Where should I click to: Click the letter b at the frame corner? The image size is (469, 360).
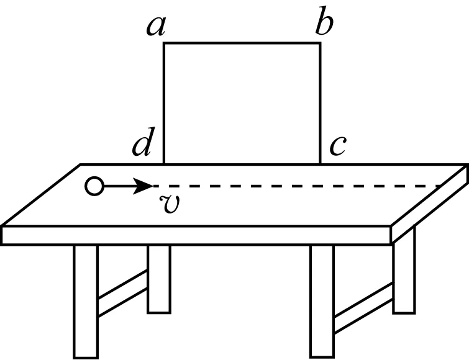click(x=324, y=24)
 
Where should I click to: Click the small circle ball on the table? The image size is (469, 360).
click(x=94, y=186)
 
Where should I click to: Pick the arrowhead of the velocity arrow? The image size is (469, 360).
click(x=147, y=186)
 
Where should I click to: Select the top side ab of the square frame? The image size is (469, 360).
click(x=242, y=43)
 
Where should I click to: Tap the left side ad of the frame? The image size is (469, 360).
click(x=164, y=102)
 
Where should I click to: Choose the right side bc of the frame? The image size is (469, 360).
click(x=321, y=102)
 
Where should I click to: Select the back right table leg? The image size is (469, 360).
click(x=404, y=279)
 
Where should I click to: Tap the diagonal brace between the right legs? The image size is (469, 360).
click(x=363, y=304)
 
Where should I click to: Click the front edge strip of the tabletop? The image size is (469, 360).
click(x=196, y=235)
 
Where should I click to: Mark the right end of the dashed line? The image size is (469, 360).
click(x=440, y=186)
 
